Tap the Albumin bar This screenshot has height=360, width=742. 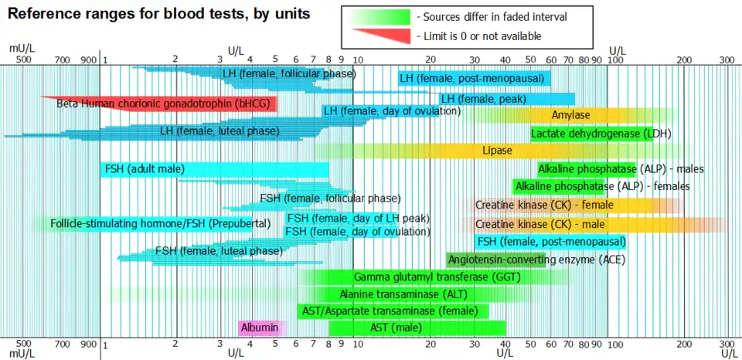[x=260, y=328]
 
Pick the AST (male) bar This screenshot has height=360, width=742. [x=417, y=328]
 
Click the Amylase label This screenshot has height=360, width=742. [x=571, y=115]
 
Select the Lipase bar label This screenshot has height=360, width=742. [x=496, y=150]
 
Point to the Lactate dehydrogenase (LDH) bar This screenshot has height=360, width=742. [x=591, y=134]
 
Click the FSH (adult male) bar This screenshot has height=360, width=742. [x=214, y=169]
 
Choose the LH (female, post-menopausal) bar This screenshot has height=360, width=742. [x=474, y=78]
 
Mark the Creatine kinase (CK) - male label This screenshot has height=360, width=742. [x=539, y=224]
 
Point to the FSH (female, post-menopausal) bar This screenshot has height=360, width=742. [x=550, y=241]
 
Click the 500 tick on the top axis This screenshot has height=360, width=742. [x=23, y=59]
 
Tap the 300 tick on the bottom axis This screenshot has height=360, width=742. [x=727, y=343]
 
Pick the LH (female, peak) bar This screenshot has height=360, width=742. [x=506, y=99]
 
